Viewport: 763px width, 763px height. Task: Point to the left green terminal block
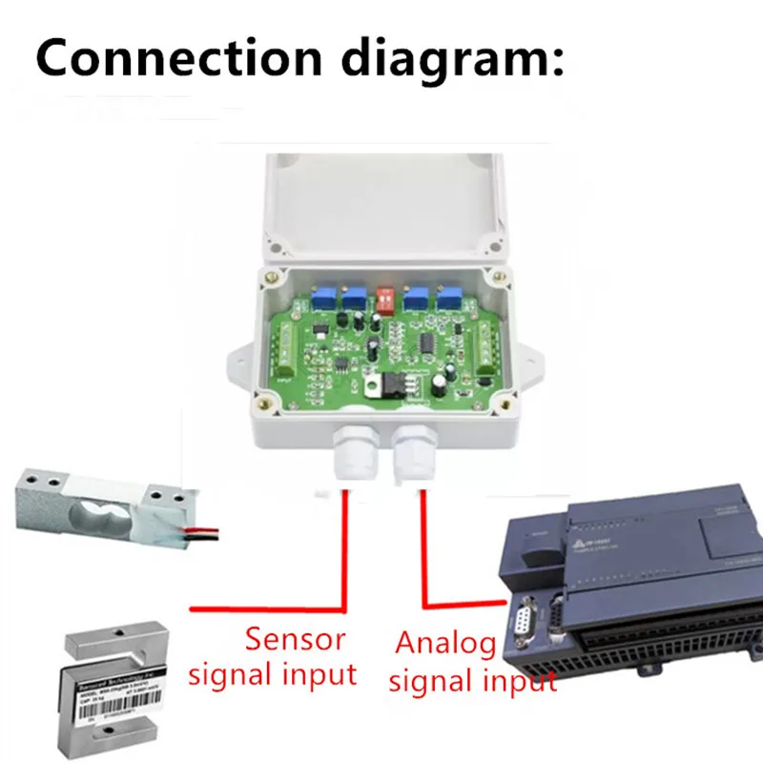click(x=286, y=349)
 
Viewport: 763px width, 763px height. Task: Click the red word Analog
click(x=445, y=645)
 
